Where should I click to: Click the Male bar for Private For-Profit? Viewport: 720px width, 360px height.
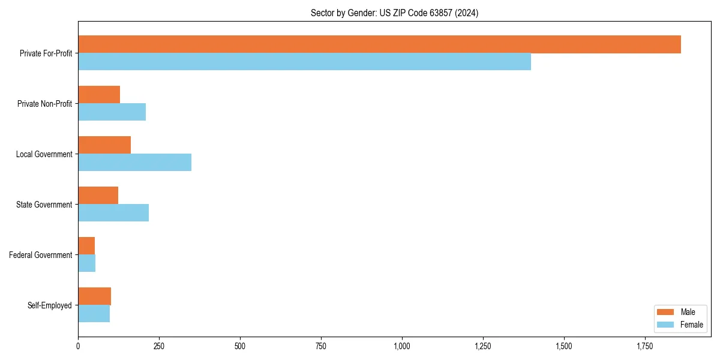tap(379, 44)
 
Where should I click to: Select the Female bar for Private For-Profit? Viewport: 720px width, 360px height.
tap(304, 62)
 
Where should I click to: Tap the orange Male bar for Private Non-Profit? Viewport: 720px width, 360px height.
tap(99, 95)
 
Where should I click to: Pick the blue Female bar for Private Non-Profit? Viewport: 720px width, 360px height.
tap(112, 112)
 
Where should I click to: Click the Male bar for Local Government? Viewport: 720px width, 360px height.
tap(104, 145)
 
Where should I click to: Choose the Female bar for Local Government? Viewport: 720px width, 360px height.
tap(134, 163)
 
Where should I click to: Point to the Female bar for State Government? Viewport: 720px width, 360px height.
tap(113, 213)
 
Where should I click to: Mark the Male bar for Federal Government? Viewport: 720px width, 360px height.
tap(86, 246)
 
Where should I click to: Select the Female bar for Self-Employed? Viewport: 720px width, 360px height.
tap(94, 314)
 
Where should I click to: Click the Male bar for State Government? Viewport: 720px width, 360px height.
tap(98, 196)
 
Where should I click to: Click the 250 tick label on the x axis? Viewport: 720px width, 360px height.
tap(159, 346)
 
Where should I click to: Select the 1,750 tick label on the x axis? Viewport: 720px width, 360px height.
tap(645, 346)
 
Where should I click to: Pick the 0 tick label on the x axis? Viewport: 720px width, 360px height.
tap(78, 346)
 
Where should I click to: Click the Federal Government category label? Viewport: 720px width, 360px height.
tap(40, 255)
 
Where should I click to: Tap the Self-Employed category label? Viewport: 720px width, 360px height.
tap(49, 305)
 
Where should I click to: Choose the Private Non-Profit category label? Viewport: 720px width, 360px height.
tap(44, 104)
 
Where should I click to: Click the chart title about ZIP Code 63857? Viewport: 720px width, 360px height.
tap(394, 13)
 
